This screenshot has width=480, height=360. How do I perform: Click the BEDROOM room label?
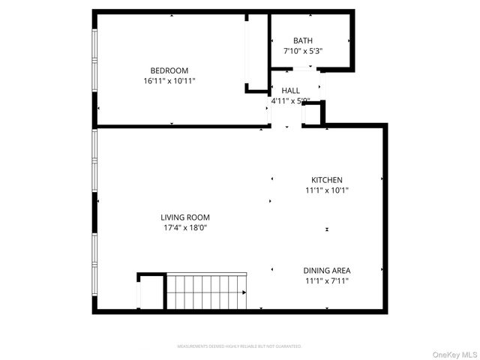pyautogui.click(x=169, y=70)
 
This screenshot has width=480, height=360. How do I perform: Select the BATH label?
pyautogui.click(x=303, y=40)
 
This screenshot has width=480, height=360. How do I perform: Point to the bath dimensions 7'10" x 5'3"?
pyautogui.click(x=303, y=50)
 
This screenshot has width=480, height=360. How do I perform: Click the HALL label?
pyautogui.click(x=290, y=90)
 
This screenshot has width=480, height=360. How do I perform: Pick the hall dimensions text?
pyautogui.click(x=290, y=100)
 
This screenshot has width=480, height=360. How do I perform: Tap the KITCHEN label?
pyautogui.click(x=327, y=180)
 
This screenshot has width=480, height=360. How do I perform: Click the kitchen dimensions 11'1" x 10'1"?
pyautogui.click(x=327, y=190)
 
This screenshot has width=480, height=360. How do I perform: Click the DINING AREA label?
pyautogui.click(x=326, y=271)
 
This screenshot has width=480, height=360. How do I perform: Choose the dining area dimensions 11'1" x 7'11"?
pyautogui.click(x=326, y=280)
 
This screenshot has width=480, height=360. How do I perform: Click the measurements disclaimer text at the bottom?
pyautogui.click(x=239, y=346)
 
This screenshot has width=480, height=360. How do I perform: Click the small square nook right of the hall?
pyautogui.click(x=312, y=113)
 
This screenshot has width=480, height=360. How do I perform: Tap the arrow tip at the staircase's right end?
pyautogui.click(x=245, y=292)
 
